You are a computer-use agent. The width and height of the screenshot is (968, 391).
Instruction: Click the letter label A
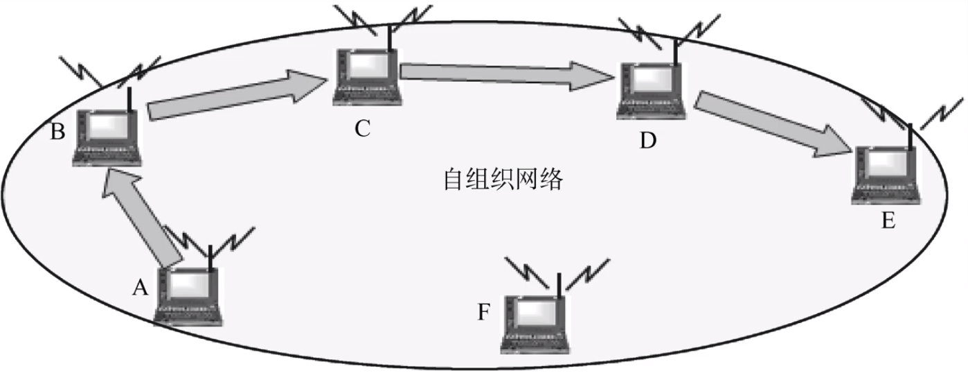(141, 287)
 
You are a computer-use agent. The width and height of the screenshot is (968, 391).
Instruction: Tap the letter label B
(58, 132)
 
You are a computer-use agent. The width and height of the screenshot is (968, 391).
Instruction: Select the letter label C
(363, 127)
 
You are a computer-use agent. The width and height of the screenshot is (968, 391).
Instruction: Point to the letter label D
(647, 140)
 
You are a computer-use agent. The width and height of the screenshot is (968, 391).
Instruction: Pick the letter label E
(888, 222)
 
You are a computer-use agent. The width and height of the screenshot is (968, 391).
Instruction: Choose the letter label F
(484, 312)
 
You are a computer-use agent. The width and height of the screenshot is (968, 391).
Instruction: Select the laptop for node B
(108, 138)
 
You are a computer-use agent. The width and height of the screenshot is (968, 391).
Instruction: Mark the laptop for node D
(651, 90)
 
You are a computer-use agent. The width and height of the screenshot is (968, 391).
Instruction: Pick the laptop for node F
(534, 324)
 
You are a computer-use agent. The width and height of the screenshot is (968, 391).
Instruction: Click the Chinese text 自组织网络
(503, 180)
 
